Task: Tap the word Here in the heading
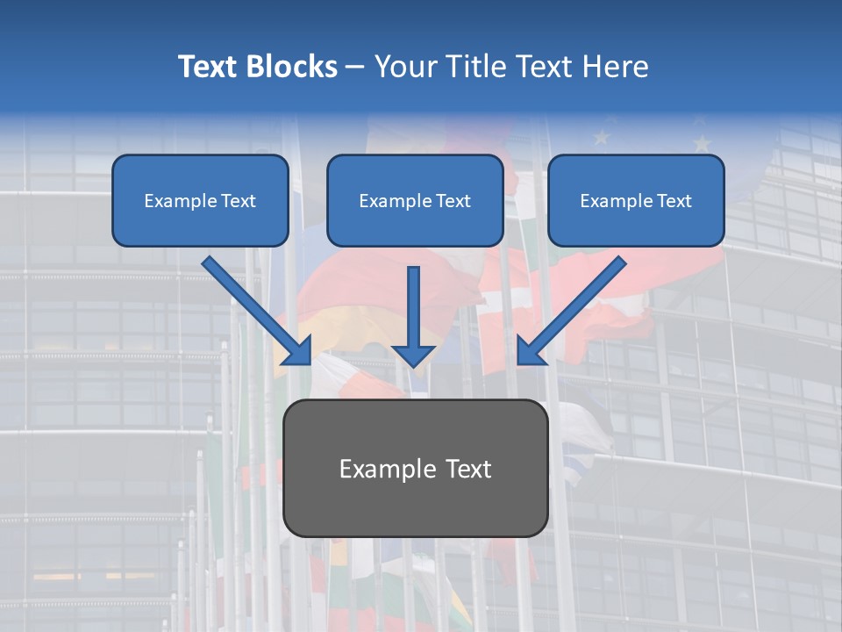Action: [615, 67]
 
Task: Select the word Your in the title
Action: [403, 67]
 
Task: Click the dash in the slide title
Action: [355, 68]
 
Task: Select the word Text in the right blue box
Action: [674, 201]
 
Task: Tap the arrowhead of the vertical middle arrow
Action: [413, 355]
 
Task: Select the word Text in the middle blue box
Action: [453, 201]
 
